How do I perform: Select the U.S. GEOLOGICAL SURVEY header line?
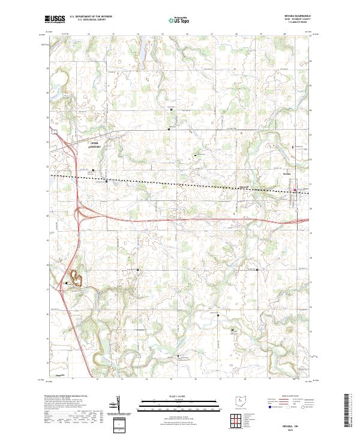(x=90, y=21)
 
